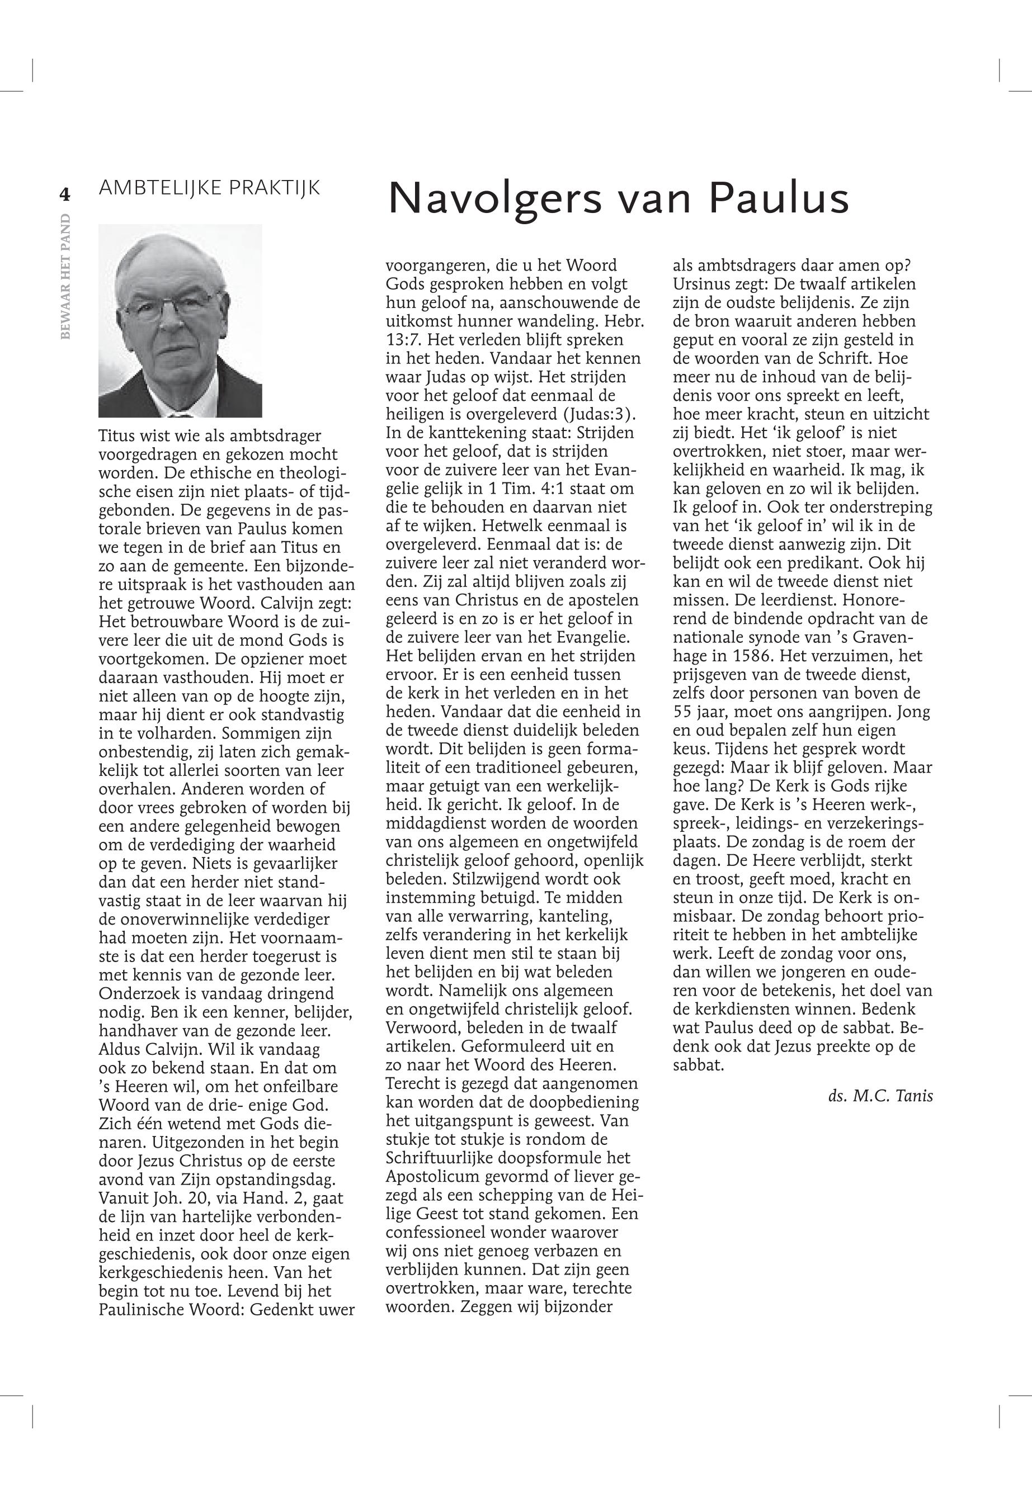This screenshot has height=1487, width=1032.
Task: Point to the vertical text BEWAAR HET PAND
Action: [x=65, y=276]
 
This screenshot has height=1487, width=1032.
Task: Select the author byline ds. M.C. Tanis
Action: [x=880, y=1096]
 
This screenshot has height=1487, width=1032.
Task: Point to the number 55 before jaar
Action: [x=684, y=712]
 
